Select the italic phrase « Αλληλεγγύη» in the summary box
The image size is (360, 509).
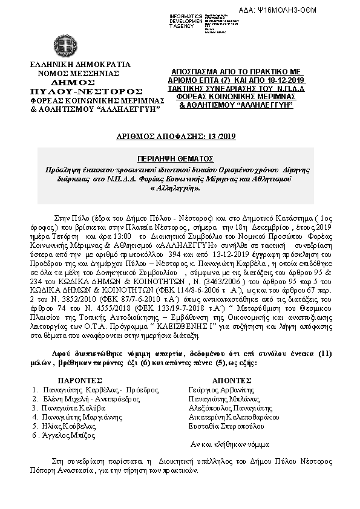click(179, 188)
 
